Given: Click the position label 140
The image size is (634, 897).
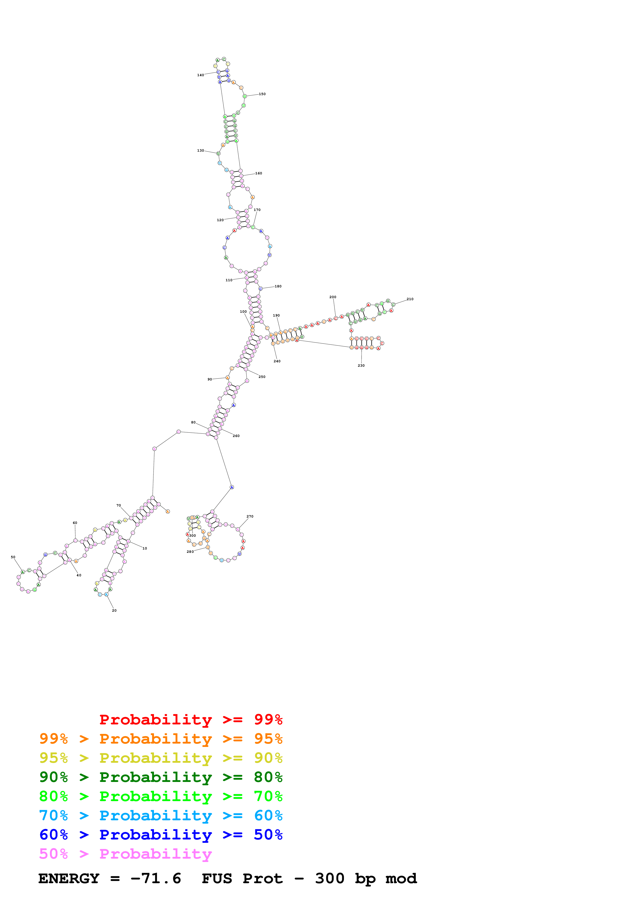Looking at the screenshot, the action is [x=201, y=75].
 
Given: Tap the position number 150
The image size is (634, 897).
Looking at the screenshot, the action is [x=262, y=94].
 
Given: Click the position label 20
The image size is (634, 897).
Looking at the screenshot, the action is [x=114, y=610].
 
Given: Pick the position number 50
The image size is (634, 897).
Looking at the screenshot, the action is [x=13, y=557].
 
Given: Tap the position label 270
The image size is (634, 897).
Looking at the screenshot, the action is [x=250, y=517].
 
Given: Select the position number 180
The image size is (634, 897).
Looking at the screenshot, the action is [x=278, y=286].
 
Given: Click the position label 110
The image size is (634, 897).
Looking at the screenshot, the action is [x=229, y=280].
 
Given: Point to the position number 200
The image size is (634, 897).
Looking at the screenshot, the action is [x=332, y=297].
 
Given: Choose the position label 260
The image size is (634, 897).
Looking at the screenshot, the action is [x=236, y=436].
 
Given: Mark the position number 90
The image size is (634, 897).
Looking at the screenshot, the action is [x=210, y=379].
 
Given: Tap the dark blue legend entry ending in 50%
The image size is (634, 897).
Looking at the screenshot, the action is [x=161, y=835].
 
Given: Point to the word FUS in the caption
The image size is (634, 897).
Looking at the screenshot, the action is [x=217, y=878].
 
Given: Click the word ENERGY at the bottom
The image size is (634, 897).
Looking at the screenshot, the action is [x=69, y=878].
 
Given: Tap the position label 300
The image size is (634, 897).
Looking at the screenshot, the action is [x=193, y=536].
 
